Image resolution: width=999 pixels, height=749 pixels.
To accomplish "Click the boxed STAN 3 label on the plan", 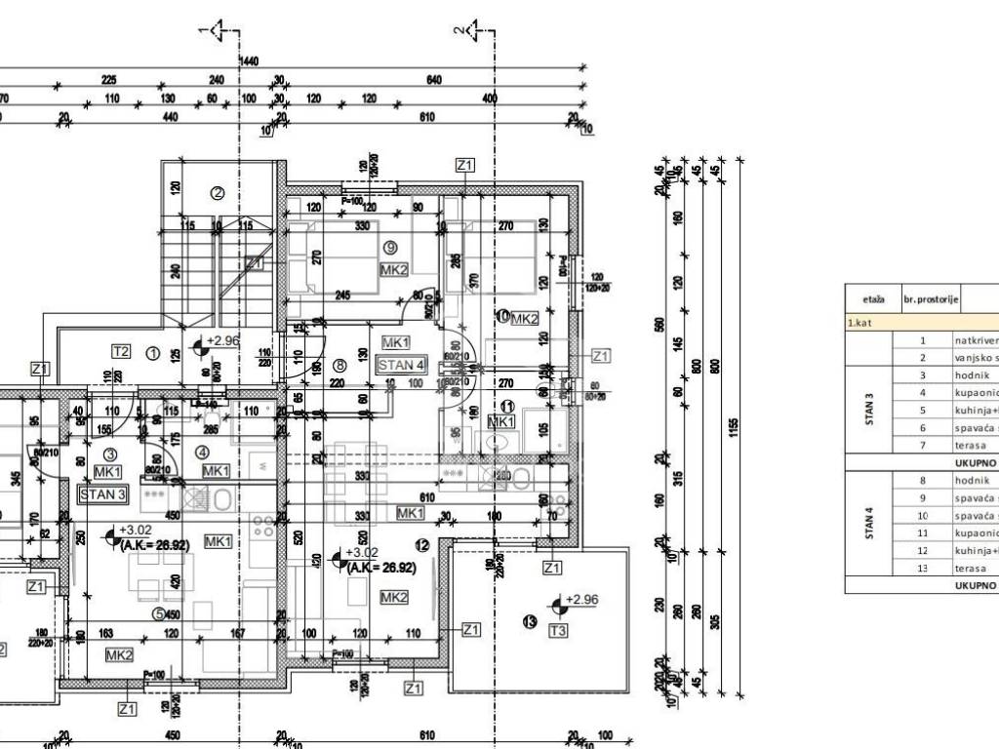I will coord(102,493).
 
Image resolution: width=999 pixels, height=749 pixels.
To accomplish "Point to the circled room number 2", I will coord(218,193).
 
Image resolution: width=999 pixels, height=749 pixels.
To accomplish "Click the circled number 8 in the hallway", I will coord(340,366).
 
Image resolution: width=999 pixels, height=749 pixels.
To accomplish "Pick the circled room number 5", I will coord(158,613).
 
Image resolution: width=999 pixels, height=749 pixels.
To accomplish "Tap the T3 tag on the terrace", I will coord(558,631).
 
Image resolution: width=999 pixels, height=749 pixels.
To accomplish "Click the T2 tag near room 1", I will coord(121,352).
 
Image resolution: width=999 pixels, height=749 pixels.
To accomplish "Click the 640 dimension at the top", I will coord(434,80).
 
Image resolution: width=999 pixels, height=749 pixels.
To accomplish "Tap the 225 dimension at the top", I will coord(108,80).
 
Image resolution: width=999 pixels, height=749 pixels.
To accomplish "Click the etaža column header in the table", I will coord(873,300).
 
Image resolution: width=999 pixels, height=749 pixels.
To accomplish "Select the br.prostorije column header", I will coord(932,300).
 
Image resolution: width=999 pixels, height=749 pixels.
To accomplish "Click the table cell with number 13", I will coord(922,568).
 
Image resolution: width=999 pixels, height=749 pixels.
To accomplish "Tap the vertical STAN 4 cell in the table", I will coord(869,524).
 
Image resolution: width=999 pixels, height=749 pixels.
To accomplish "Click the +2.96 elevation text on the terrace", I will coord(583,600).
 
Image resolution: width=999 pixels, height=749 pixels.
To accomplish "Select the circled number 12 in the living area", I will coord(421,545).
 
